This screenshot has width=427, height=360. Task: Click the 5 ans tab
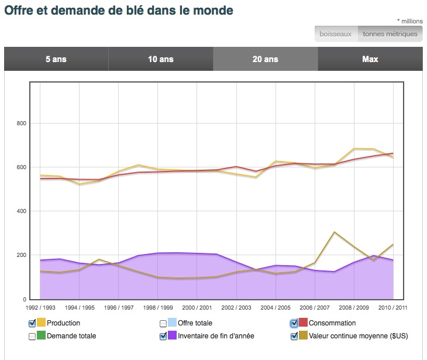pyautogui.click(x=56, y=59)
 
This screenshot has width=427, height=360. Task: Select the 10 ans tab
pyautogui.click(x=161, y=59)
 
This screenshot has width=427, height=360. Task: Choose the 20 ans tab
pyautogui.click(x=266, y=59)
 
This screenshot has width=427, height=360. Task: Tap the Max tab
pyautogui.click(x=370, y=59)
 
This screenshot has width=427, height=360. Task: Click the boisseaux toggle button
pyautogui.click(x=336, y=34)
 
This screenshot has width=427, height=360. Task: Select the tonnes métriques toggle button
pyautogui.click(x=390, y=34)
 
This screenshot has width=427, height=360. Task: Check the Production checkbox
pyautogui.click(x=32, y=323)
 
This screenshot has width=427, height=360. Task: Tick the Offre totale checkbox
pyautogui.click(x=163, y=323)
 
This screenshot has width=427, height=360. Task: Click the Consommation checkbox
pyautogui.click(x=294, y=323)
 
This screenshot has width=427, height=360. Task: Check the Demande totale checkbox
pyautogui.click(x=32, y=336)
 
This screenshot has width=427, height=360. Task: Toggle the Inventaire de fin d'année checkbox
pyautogui.click(x=163, y=336)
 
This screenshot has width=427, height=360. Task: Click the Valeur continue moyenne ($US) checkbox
pyautogui.click(x=294, y=336)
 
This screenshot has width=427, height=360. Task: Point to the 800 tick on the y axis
pyautogui.click(x=22, y=124)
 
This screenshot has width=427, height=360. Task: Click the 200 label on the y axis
pyautogui.click(x=22, y=255)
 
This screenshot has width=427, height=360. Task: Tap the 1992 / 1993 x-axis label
pyautogui.click(x=40, y=307)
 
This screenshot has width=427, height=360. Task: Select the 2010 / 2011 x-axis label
pyautogui.click(x=392, y=307)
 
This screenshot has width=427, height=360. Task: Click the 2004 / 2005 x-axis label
pyautogui.click(x=275, y=307)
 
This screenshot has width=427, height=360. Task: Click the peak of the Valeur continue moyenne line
pyautogui.click(x=334, y=232)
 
